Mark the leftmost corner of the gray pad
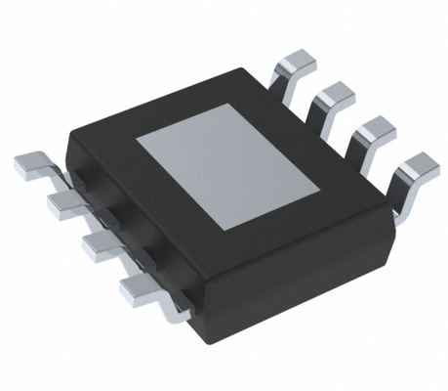[137, 136]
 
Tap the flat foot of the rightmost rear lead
[418, 164]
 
